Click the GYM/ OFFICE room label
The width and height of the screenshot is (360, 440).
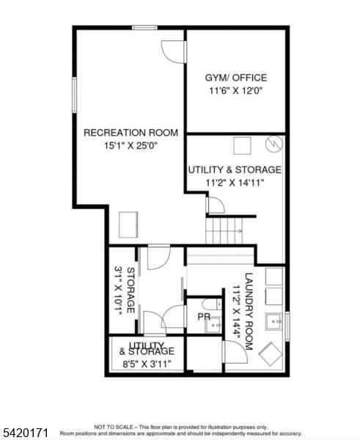tap(235, 78)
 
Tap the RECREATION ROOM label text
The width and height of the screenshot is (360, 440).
tap(131, 133)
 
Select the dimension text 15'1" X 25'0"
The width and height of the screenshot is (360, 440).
tap(131, 146)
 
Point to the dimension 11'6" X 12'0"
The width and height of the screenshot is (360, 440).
tap(235, 91)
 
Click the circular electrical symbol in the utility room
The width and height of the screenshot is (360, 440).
tap(274, 144)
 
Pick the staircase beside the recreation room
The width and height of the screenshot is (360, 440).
tap(224, 231)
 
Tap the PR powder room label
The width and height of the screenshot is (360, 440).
tap(204, 317)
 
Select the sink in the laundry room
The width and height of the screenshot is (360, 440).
tap(274, 322)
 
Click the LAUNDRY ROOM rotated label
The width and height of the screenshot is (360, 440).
tap(249, 312)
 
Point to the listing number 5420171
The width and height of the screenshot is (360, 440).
tap(24, 432)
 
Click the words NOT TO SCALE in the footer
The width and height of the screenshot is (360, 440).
tap(114, 427)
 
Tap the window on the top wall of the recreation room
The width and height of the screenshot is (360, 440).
tap(144, 28)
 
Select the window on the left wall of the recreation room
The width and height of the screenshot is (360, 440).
tap(74, 95)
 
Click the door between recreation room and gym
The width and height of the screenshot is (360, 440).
tap(175, 52)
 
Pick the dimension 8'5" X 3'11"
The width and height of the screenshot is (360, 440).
tap(147, 364)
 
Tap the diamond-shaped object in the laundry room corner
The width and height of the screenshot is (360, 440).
tap(271, 354)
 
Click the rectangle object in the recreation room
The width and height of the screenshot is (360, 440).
tap(128, 225)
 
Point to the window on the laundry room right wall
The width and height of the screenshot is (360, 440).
tap(287, 326)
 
